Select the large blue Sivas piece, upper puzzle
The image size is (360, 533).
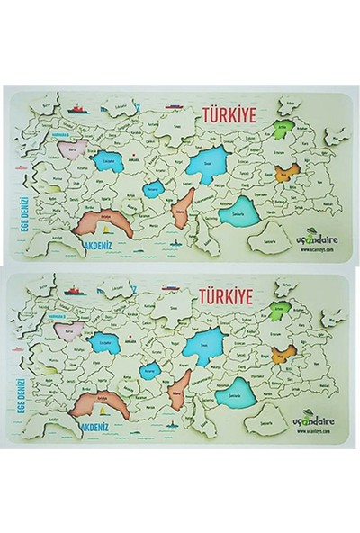[206, 164]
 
